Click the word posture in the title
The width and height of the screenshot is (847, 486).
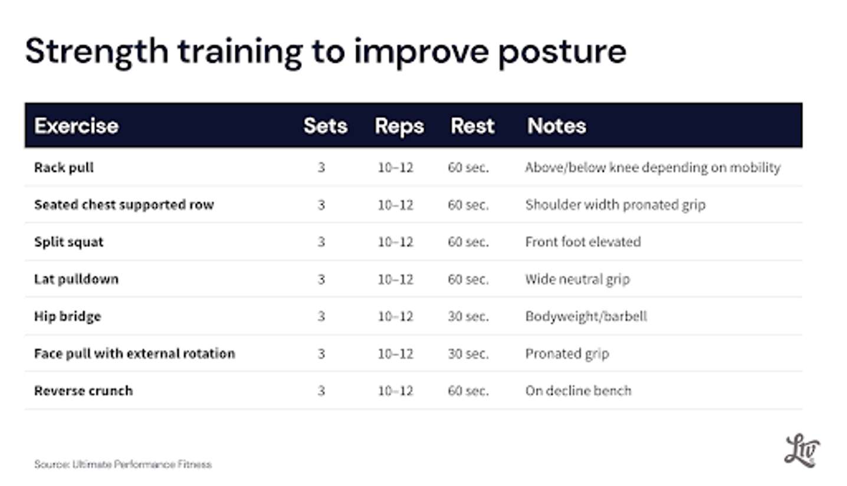pyautogui.click(x=562, y=53)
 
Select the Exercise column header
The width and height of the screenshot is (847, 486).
pyautogui.click(x=76, y=125)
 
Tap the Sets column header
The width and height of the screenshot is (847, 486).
pyautogui.click(x=326, y=125)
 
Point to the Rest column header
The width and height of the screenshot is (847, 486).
pyautogui.click(x=472, y=125)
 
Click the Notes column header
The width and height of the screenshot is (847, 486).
pyautogui.click(x=557, y=125)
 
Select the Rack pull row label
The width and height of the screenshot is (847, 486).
pyautogui.click(x=64, y=168)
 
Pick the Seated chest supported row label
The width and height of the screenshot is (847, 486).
pyautogui.click(x=124, y=205)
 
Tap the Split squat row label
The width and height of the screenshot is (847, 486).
pyautogui.click(x=69, y=242)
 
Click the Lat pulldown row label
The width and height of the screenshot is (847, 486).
pyautogui.click(x=76, y=279)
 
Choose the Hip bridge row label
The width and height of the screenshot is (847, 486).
pyautogui.click(x=68, y=316)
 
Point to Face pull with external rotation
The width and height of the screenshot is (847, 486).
pyautogui.click(x=134, y=354)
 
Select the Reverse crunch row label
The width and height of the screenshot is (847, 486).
pyautogui.click(x=84, y=391)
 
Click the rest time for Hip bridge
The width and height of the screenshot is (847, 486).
pyautogui.click(x=468, y=316)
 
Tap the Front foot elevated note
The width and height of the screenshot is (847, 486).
pyautogui.click(x=583, y=242)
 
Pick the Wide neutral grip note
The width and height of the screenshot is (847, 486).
pyautogui.click(x=577, y=279)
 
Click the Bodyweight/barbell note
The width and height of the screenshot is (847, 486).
pyautogui.click(x=586, y=316)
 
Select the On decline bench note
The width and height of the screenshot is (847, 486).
pyautogui.click(x=579, y=391)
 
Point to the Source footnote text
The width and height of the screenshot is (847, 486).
pyautogui.click(x=123, y=464)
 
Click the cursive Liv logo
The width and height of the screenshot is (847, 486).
pyautogui.click(x=802, y=451)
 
